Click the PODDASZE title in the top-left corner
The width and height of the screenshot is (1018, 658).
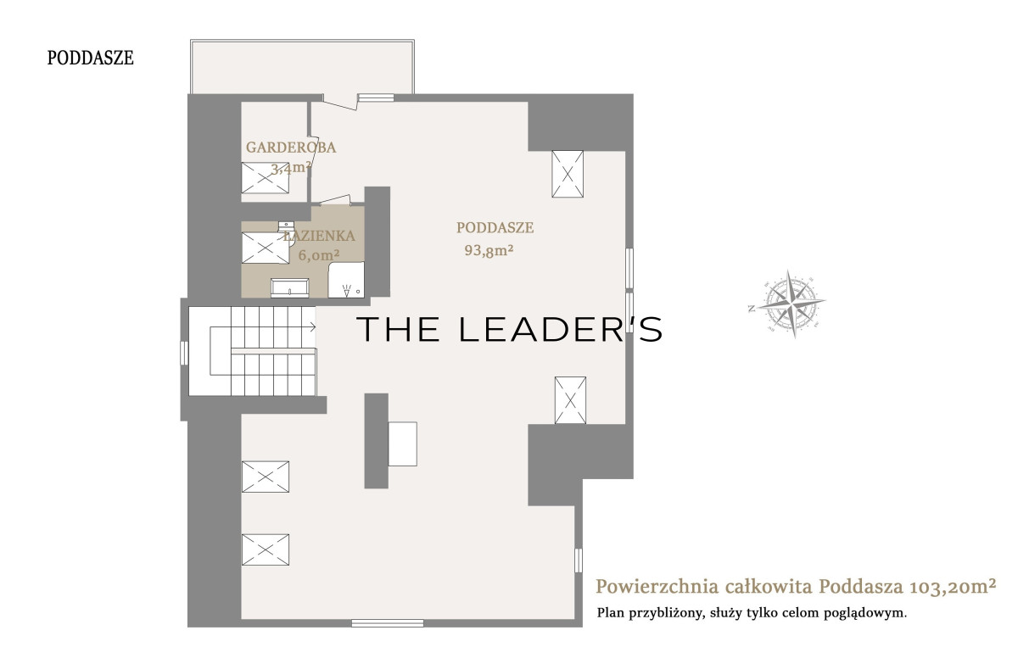91,59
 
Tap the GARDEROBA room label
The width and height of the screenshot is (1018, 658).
291,148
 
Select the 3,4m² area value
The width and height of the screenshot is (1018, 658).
291,168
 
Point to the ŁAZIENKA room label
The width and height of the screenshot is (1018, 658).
319,236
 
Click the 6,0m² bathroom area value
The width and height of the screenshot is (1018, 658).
319,255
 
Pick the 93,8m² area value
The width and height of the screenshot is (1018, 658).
489,250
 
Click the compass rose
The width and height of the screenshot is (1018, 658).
792,304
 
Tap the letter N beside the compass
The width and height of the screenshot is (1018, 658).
752,309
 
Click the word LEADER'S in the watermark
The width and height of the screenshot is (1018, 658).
561,329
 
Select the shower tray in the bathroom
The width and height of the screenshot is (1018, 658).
346,280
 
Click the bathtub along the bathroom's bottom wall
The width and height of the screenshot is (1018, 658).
290,288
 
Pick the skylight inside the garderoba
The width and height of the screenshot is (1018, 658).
265,177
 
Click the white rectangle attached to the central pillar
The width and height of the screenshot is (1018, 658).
403,443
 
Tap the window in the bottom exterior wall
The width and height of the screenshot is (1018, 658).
388,623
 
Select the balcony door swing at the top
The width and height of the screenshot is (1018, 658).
340,102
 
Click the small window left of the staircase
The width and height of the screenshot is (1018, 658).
184,353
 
